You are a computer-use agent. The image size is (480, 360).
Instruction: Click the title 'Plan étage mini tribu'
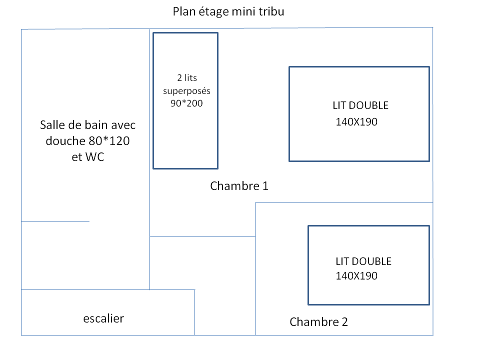click(x=228, y=11)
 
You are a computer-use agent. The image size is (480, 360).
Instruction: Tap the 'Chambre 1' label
click(x=239, y=186)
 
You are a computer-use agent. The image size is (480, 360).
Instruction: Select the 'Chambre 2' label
click(x=318, y=321)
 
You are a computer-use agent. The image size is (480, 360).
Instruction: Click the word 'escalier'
click(x=103, y=318)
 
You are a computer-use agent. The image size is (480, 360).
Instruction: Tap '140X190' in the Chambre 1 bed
click(x=356, y=121)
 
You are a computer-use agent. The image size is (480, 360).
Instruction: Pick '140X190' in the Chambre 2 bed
click(x=356, y=275)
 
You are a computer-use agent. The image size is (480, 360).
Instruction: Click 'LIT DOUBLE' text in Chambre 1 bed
click(x=360, y=105)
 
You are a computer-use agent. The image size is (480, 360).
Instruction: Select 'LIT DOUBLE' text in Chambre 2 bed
click(x=363, y=261)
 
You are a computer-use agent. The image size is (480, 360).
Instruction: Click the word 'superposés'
click(x=187, y=91)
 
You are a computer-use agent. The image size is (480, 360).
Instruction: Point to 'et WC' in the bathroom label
click(x=88, y=156)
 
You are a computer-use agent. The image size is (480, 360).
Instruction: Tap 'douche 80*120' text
click(x=88, y=141)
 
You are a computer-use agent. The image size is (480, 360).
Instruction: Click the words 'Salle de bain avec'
click(x=88, y=125)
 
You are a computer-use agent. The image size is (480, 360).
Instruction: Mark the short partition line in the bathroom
click(x=55, y=221)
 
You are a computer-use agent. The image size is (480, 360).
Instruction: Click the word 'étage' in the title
click(x=211, y=11)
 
